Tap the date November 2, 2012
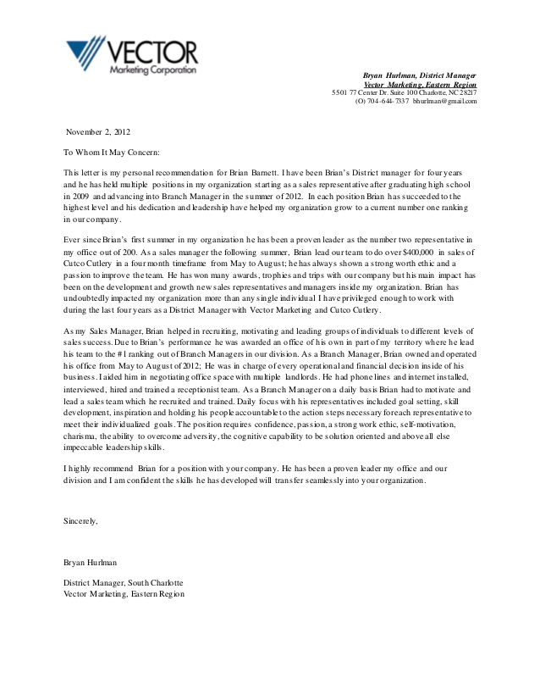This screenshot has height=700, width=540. point(99,132)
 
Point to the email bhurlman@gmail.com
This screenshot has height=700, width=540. point(445,102)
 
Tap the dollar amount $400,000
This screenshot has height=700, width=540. point(411,253)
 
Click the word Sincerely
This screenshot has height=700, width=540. point(80,520)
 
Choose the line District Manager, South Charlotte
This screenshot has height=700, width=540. point(124,582)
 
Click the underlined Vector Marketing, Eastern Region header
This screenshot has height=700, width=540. point(420,85)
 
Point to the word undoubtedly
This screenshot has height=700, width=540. point(91,300)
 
